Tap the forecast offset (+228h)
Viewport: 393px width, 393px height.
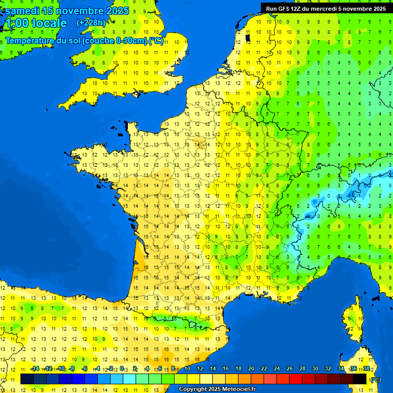[91, 23]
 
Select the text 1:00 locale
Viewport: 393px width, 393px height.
[36, 23]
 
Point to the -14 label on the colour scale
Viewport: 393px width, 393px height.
[35, 369]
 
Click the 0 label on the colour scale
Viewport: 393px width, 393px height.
[123, 369]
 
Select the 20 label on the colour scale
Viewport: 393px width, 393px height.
[251, 369]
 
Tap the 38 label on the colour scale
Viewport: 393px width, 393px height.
[366, 369]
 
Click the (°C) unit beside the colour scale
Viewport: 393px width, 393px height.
[376, 379]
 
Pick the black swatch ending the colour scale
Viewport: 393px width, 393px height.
[360, 379]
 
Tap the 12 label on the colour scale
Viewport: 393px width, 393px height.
[200, 369]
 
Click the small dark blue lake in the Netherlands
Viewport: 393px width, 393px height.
[248, 37]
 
